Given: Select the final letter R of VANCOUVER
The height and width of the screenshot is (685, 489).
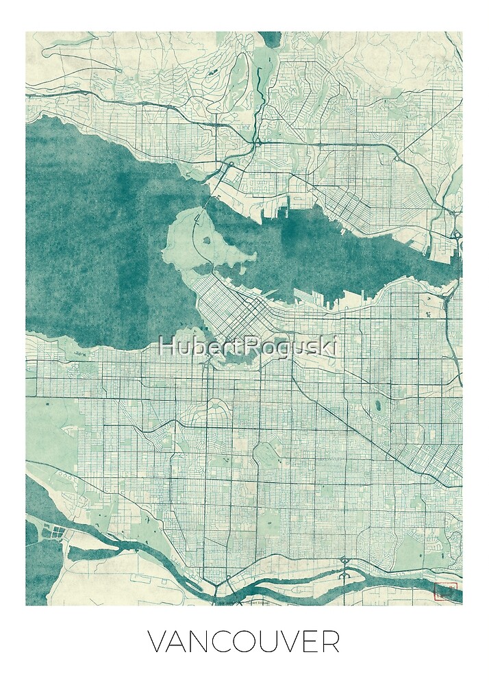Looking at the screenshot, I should pos(330,642).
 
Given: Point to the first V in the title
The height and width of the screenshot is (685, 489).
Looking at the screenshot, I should pos(155,642).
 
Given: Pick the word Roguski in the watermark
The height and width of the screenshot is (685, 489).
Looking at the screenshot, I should pos(291,346).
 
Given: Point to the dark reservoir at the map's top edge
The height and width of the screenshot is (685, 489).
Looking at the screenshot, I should pos(270,38).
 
